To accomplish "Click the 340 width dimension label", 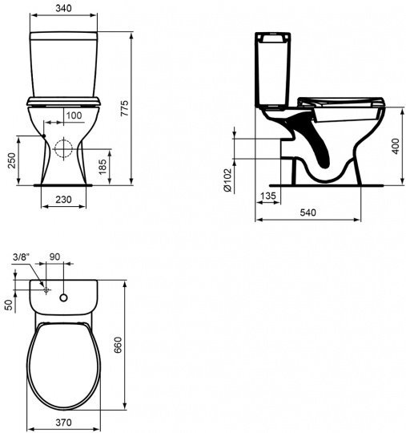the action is click(x=63, y=8).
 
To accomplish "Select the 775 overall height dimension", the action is click(x=125, y=108).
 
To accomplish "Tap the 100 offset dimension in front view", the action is click(x=74, y=115).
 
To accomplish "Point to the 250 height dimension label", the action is click(x=12, y=160).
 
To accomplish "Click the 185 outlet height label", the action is click(x=103, y=167).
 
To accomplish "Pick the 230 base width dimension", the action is click(x=63, y=199).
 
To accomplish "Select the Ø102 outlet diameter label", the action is click(x=227, y=180).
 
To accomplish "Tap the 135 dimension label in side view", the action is click(x=268, y=196).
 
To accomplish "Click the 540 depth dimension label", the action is click(x=308, y=212).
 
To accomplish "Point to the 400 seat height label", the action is click(x=396, y=146).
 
